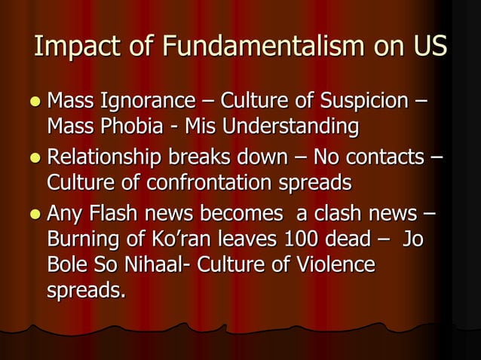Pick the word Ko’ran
179,242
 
